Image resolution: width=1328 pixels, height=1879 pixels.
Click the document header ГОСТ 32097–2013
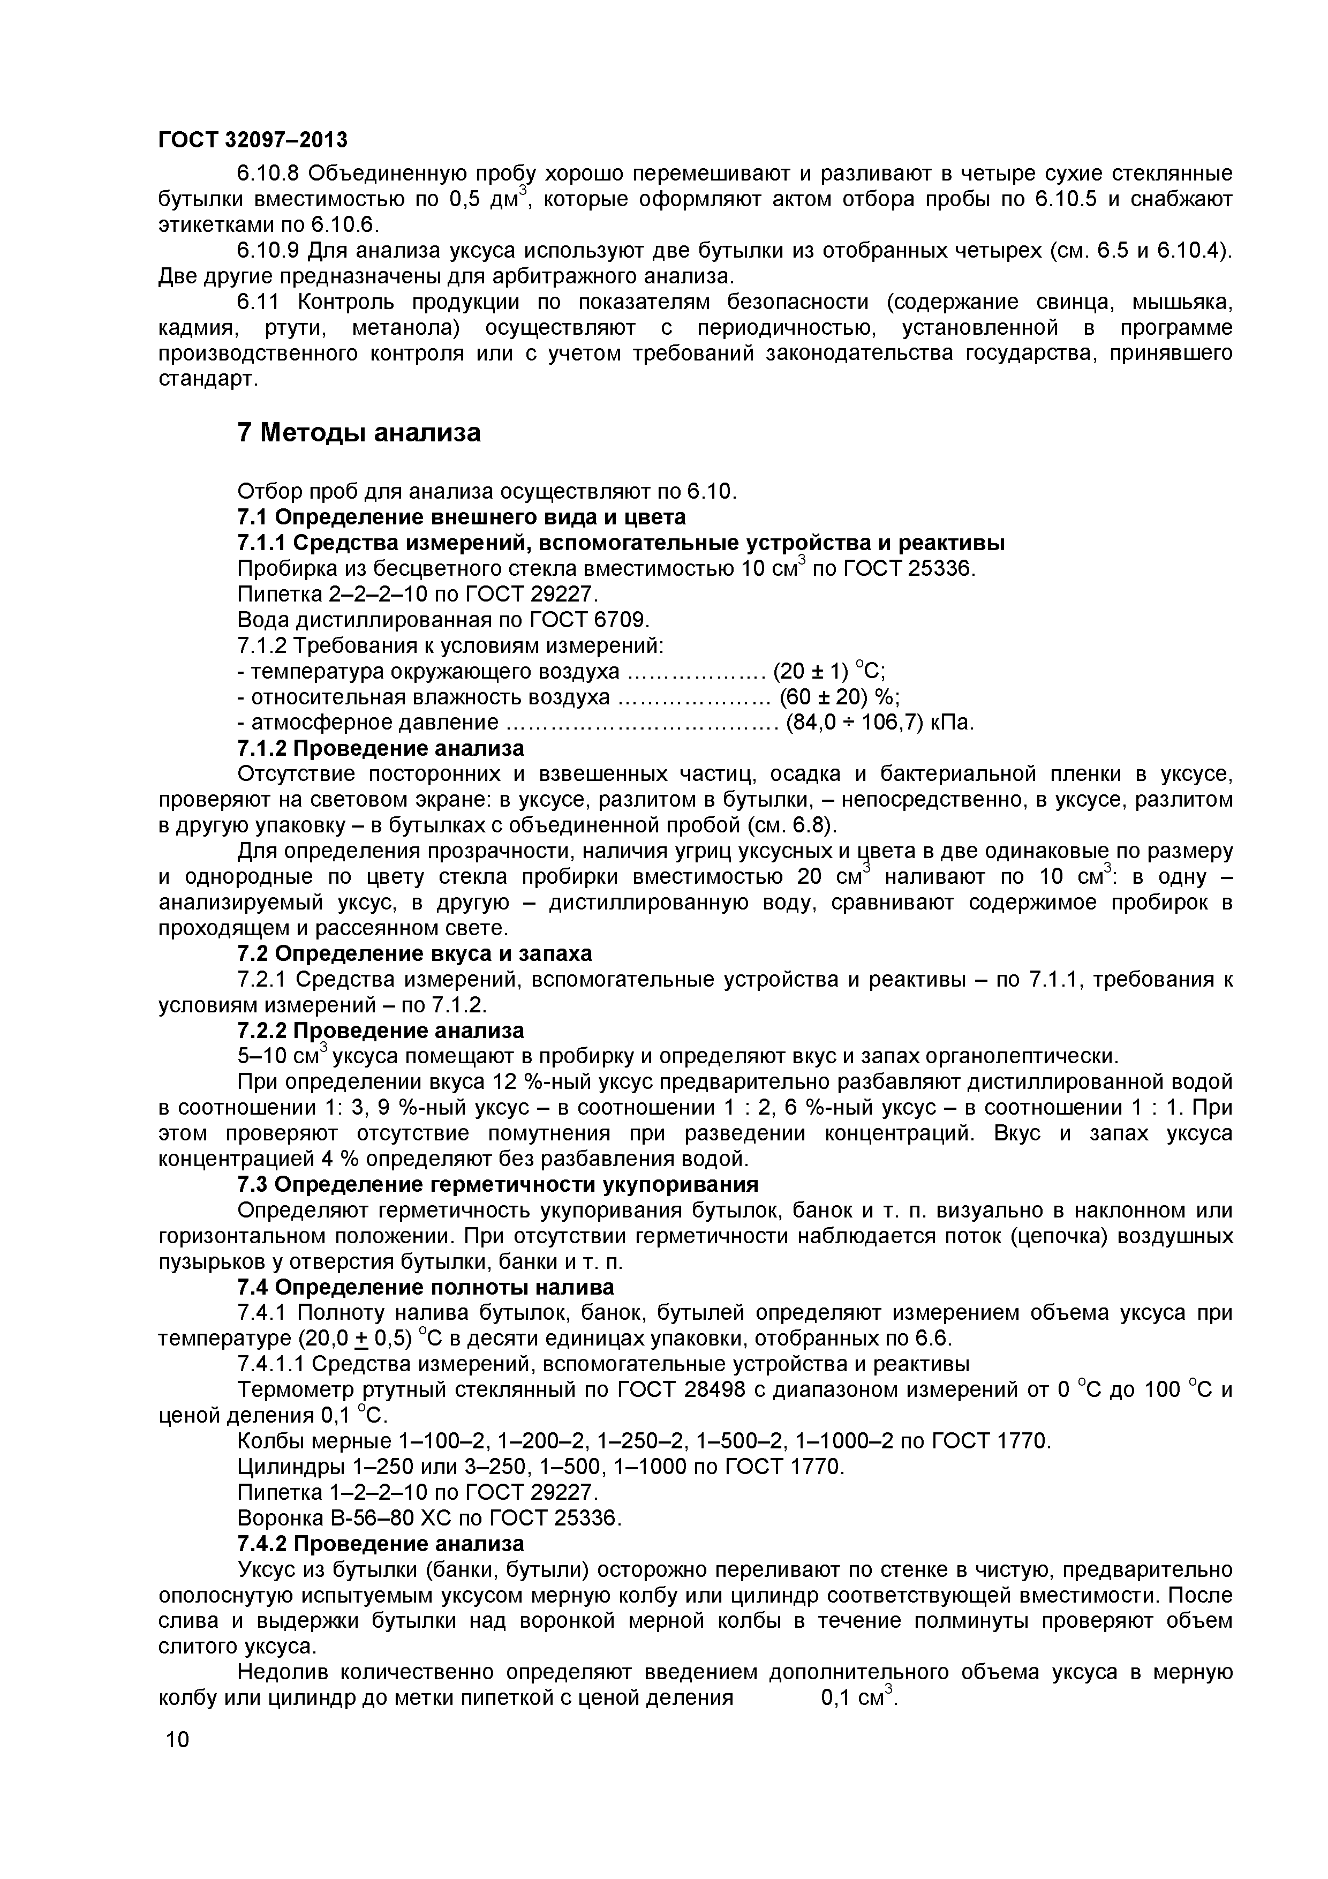click(x=252, y=140)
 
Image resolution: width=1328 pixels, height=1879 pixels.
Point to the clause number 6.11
click(x=258, y=302)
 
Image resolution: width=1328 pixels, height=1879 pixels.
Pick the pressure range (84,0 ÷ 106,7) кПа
click(x=880, y=723)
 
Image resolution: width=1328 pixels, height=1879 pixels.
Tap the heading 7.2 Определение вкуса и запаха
click(x=414, y=953)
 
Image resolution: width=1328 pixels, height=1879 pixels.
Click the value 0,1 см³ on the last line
click(x=858, y=1697)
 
